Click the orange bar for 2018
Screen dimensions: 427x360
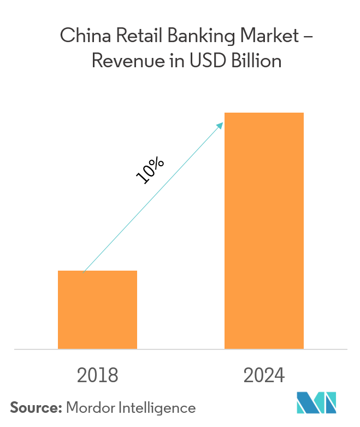point(97,309)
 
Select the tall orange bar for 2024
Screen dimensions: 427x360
point(264,230)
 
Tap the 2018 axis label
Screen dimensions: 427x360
point(97,376)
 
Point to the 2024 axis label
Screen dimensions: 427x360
point(264,376)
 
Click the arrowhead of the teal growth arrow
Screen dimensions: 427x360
point(221,125)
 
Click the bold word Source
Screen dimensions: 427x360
point(36,407)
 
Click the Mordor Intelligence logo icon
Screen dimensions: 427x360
point(317,403)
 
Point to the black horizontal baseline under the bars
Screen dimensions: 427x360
point(180,349)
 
